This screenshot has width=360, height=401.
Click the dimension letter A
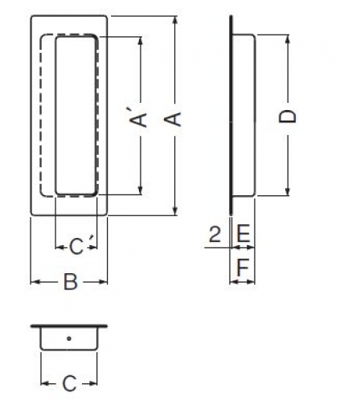point(173,119)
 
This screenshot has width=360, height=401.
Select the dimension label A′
point(139,119)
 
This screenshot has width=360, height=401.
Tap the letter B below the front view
point(71,281)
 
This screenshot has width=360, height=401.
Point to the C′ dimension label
point(78,246)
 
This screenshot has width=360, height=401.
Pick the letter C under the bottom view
point(69,383)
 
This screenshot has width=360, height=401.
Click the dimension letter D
point(288,117)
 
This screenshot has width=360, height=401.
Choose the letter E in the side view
point(243,234)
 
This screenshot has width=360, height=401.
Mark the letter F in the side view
point(243,267)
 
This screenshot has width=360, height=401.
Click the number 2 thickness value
point(215,234)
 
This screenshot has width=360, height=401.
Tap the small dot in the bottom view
point(69,338)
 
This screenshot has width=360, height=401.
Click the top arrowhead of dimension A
point(175,21)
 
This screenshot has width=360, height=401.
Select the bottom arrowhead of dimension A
point(175,211)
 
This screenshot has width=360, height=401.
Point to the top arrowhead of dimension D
point(288,39)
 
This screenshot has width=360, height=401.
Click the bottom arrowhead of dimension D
point(288,191)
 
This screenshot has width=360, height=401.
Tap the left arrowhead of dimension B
point(35,282)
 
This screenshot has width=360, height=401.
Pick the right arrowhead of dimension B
point(103,282)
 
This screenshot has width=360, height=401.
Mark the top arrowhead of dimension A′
point(140,42)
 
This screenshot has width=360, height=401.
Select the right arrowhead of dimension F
point(251,282)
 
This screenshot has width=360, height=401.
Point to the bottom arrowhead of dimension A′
point(140,190)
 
